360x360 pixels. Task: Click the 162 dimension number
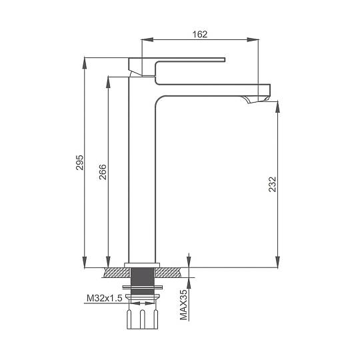[200, 35]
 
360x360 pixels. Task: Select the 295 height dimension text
[80, 163]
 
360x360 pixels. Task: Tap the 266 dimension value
[103, 172]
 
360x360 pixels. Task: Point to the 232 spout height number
[273, 184]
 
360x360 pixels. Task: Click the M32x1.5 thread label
[105, 298]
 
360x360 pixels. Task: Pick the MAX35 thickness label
[184, 305]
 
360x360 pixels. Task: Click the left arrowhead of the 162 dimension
[147, 40]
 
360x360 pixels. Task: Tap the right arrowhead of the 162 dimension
[253, 40]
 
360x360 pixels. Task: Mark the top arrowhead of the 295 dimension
[85, 63]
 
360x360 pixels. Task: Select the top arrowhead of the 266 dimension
[109, 82]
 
